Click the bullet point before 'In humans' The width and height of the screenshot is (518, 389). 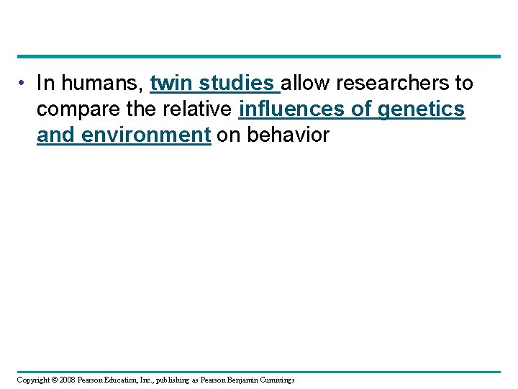[24, 84]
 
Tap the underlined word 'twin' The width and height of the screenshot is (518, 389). [171, 84]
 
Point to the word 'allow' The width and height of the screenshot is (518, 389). [306, 84]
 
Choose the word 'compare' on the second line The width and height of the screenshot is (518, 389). [78, 109]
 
